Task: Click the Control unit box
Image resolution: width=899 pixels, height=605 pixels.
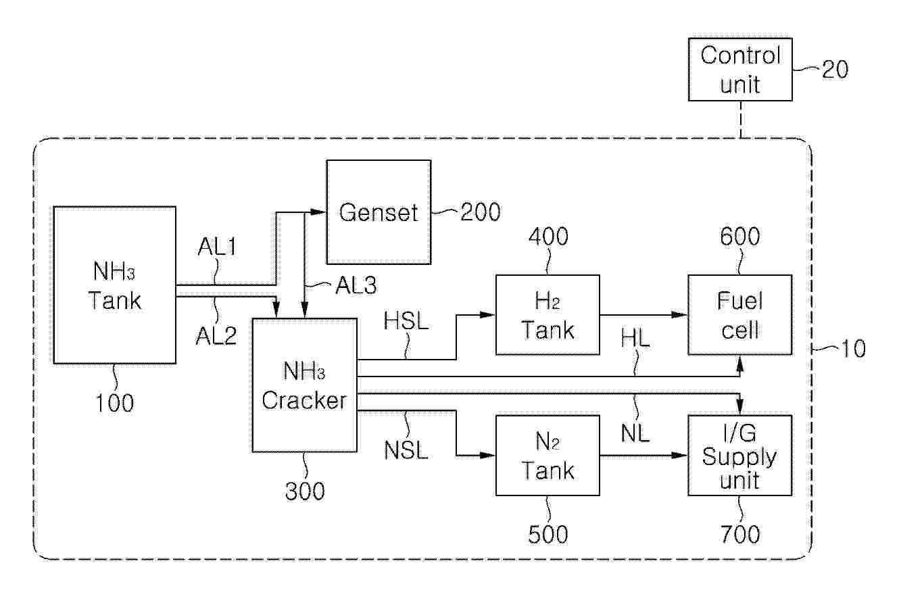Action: (x=740, y=70)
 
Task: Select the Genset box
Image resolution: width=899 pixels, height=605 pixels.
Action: (x=379, y=212)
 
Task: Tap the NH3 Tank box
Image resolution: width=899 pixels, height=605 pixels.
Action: (x=114, y=285)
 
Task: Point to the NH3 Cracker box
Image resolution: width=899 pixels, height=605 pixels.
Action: (x=304, y=385)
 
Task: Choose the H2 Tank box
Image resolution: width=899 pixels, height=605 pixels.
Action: (x=548, y=315)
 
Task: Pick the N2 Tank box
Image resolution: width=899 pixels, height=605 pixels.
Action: (x=548, y=455)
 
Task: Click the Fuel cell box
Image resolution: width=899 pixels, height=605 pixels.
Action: (x=739, y=315)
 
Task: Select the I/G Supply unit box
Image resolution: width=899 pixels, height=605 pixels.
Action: (x=739, y=455)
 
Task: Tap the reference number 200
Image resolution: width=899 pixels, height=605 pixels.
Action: (x=480, y=212)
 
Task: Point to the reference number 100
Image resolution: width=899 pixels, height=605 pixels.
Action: (x=114, y=403)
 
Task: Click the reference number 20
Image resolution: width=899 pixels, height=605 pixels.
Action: (x=835, y=70)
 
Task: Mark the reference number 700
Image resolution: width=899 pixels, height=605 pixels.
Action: (x=740, y=534)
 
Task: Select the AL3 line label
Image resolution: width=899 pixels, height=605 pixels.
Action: (x=356, y=285)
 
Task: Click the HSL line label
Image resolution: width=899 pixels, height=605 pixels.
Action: (x=406, y=321)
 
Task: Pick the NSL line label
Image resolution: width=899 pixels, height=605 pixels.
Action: (x=406, y=450)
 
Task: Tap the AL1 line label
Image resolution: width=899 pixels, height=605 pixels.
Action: (x=217, y=246)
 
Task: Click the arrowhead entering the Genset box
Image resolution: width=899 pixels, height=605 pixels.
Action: (x=318, y=212)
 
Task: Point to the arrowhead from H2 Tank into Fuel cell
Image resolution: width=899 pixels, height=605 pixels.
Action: (x=679, y=315)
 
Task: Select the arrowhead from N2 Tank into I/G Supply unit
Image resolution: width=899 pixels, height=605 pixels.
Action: (x=679, y=455)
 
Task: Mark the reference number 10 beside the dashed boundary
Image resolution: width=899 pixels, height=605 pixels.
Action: (x=852, y=349)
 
